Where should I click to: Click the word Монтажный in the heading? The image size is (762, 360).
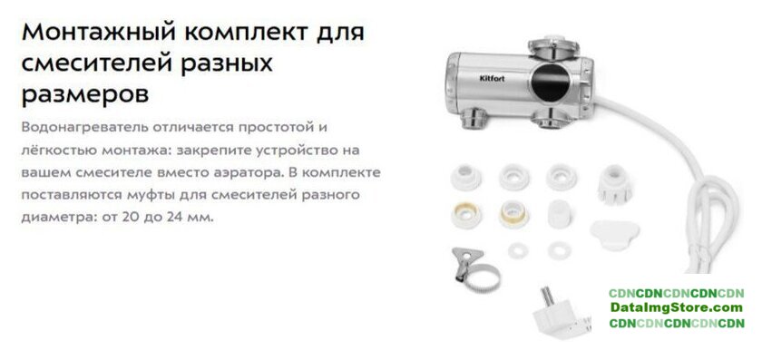97,34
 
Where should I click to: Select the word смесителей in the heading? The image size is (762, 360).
97,63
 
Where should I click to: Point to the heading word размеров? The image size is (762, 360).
85,93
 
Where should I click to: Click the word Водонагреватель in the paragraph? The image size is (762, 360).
84,128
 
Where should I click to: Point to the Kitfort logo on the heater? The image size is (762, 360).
493,78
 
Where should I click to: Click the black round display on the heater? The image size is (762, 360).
550,82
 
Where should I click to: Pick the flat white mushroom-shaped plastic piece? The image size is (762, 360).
614,234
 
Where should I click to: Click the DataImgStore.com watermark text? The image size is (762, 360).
677,307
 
